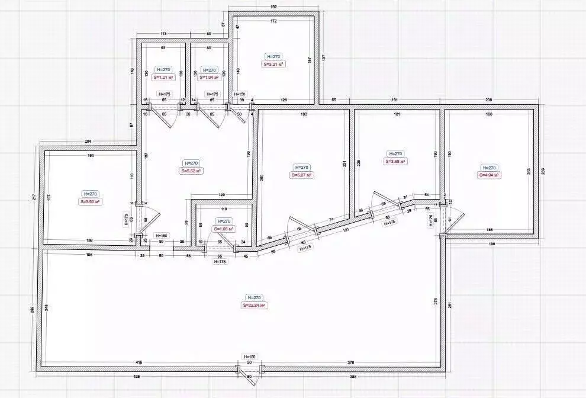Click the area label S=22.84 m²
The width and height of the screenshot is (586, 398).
[254, 306]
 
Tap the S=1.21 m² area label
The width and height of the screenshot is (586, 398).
[163, 77]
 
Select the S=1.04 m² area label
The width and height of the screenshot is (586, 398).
[209, 77]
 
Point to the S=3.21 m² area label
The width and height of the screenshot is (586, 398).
[273, 64]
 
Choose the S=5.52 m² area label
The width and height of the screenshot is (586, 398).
[191, 171]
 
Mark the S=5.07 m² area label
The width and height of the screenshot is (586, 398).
[301, 175]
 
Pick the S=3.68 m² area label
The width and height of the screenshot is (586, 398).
[394, 161]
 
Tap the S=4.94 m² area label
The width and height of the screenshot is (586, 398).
[490, 175]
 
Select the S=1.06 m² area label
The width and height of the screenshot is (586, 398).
[224, 229]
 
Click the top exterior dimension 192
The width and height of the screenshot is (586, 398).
[274, 7]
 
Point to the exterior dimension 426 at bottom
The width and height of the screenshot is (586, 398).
[137, 376]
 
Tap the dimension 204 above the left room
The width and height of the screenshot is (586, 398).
[88, 142]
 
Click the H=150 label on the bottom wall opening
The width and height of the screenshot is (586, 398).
[249, 356]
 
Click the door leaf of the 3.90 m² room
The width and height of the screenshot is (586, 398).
[150, 220]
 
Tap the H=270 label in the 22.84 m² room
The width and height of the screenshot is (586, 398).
[254, 297]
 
